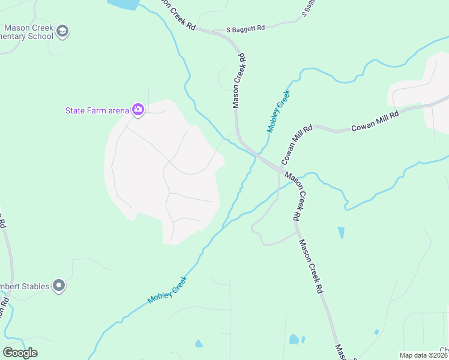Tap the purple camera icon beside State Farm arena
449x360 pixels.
click(x=139, y=109)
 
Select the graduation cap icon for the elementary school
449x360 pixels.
click(x=63, y=31)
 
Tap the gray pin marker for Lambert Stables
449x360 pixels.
click(x=58, y=286)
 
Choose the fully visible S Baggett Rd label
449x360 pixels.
click(x=246, y=28)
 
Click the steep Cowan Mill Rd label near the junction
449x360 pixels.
click(x=297, y=145)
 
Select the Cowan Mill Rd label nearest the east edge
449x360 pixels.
click(x=375, y=120)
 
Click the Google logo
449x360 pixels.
click(x=20, y=352)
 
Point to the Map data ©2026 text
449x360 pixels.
click(x=423, y=355)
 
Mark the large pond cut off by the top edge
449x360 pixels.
click(x=124, y=4)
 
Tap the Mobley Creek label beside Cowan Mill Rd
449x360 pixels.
click(x=279, y=111)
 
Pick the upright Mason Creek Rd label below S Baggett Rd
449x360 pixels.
click(x=239, y=80)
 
